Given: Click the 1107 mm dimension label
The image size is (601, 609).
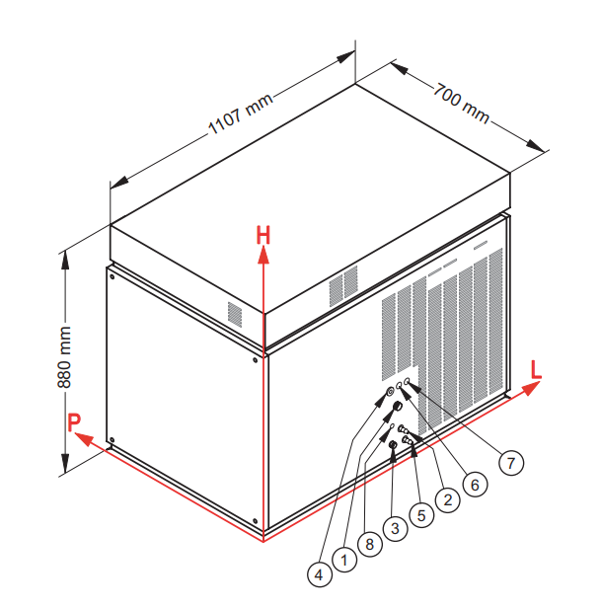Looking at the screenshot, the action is click(241, 114).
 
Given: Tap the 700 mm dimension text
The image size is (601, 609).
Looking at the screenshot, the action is click(461, 103).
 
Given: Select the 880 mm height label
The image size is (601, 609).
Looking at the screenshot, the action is click(64, 357).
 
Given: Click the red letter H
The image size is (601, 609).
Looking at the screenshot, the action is click(263, 235).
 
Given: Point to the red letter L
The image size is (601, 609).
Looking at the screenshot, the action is click(536, 369).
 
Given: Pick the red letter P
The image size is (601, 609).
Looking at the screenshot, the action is click(74, 422).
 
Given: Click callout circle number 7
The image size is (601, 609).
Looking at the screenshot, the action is click(511, 463).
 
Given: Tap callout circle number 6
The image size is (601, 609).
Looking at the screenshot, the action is click(475, 485).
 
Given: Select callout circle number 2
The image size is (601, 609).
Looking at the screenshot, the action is click(448, 499).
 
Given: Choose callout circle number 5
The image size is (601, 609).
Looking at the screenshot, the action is click(421, 515).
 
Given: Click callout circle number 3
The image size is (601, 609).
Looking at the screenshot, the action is click(395, 528).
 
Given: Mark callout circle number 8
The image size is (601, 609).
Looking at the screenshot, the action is click(370, 544).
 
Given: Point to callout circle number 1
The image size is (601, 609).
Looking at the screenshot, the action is click(344, 560).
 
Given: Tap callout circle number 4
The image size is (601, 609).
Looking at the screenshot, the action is click(319, 574).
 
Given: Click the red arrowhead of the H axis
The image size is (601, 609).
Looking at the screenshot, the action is click(263, 256).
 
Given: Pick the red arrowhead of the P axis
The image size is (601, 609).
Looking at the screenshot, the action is click(84, 439).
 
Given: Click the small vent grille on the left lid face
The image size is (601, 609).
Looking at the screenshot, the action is click(235, 314).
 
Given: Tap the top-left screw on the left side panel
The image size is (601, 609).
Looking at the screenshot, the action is click(113, 277).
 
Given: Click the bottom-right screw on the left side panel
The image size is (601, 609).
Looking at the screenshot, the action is click(255, 521).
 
